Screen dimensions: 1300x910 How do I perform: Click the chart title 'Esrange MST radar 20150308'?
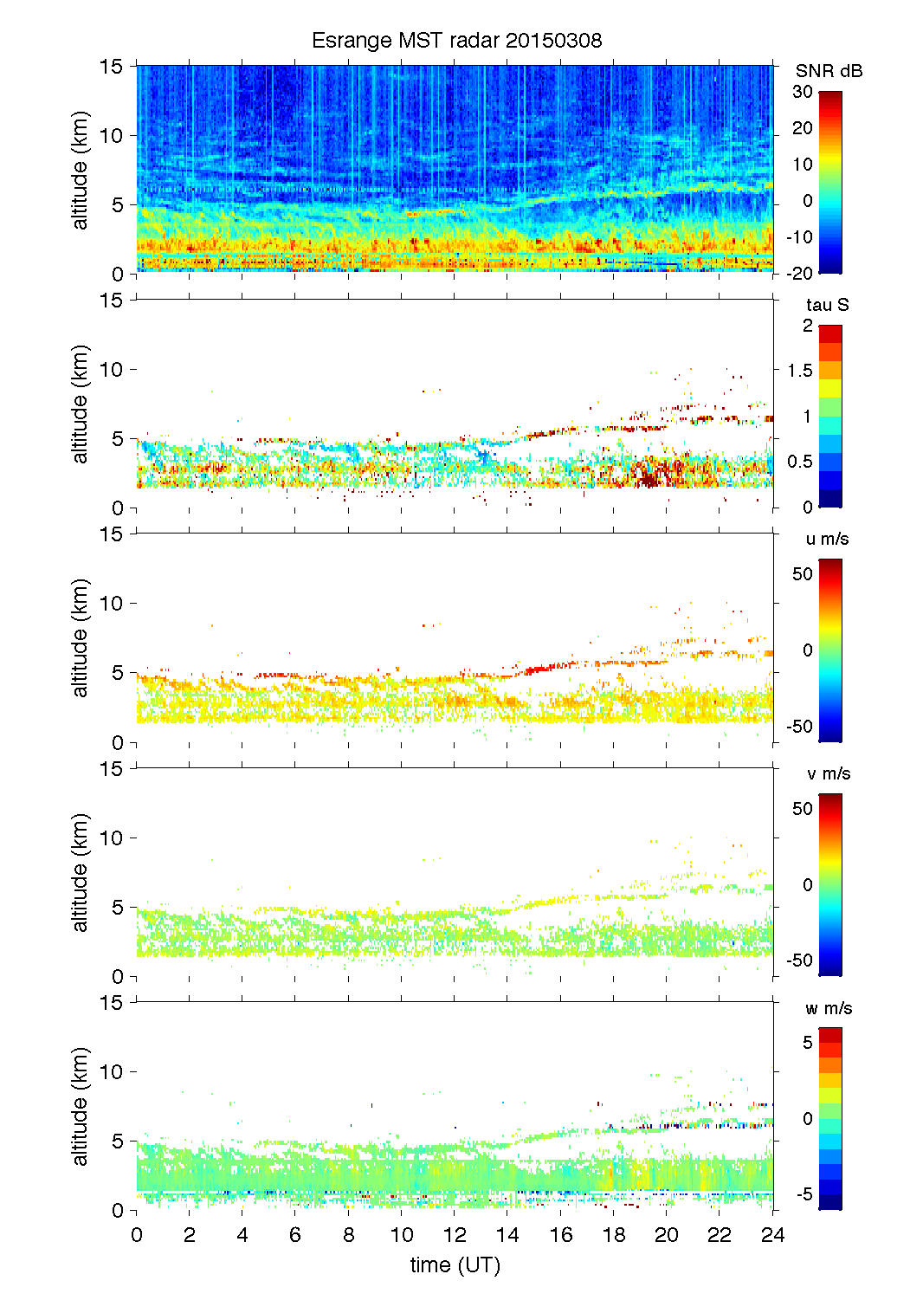[456, 41]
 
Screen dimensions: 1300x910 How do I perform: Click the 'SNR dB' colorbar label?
[829, 71]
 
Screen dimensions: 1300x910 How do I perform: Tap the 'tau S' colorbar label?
[827, 305]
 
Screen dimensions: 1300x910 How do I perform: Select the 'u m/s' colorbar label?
[827, 539]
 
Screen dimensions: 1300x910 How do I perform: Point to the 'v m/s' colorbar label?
[828, 773]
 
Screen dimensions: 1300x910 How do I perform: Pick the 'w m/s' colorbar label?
[828, 1008]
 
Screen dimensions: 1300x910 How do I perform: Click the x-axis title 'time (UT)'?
[455, 1264]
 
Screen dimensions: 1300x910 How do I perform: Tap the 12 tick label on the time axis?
[455, 1235]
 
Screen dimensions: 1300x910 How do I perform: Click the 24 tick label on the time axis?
[772, 1235]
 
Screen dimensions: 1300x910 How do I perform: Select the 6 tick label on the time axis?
[295, 1235]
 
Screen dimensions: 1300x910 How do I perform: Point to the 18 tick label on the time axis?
[614, 1235]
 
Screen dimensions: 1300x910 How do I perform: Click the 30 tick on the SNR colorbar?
[803, 92]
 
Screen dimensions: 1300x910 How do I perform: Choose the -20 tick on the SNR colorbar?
[799, 273]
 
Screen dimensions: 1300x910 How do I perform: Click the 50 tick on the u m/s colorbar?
[803, 574]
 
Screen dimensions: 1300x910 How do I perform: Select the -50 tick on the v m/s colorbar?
[799, 960]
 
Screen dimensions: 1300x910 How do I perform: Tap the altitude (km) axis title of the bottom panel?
[81, 1106]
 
